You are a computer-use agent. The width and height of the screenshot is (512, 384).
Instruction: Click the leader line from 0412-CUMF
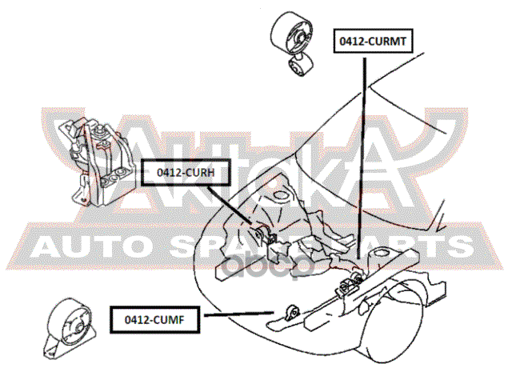pyautogui.click(x=244, y=315)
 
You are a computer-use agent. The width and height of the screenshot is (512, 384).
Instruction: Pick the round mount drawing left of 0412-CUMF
pyautogui.click(x=70, y=329)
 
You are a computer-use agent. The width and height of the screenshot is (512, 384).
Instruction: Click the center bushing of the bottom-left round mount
pyautogui.click(x=74, y=327)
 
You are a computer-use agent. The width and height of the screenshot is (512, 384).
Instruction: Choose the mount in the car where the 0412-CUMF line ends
pyautogui.click(x=291, y=310)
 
